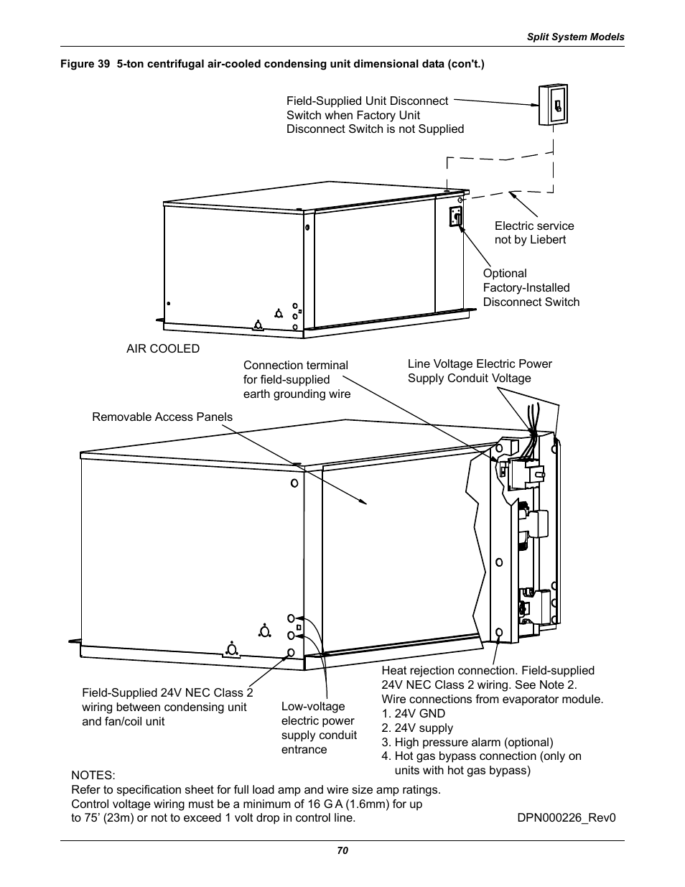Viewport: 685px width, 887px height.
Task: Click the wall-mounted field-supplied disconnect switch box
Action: [x=553, y=106]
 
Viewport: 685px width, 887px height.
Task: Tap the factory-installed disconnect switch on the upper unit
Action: [x=455, y=216]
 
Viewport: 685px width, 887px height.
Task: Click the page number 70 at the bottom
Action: [x=342, y=850]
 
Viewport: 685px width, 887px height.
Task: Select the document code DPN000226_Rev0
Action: [x=567, y=817]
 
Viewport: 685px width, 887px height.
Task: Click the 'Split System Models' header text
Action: [x=576, y=37]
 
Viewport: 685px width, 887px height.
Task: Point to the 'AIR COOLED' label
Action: [x=163, y=348]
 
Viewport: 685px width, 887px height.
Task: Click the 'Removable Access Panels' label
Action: [x=162, y=417]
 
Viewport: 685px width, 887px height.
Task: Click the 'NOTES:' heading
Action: [x=93, y=775]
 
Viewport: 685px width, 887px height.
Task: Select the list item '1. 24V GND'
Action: [x=414, y=713]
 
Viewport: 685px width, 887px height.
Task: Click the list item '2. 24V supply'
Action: [x=417, y=728]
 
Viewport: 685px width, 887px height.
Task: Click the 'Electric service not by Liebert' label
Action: [x=533, y=233]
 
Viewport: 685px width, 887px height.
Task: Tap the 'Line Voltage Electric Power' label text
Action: [x=480, y=363]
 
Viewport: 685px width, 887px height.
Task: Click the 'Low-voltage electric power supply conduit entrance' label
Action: [x=319, y=728]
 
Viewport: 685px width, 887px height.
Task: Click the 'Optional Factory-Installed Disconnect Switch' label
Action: [x=531, y=287]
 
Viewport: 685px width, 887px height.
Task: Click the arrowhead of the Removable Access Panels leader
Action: [x=365, y=502]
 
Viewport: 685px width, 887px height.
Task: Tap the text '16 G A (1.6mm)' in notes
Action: [x=346, y=804]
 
